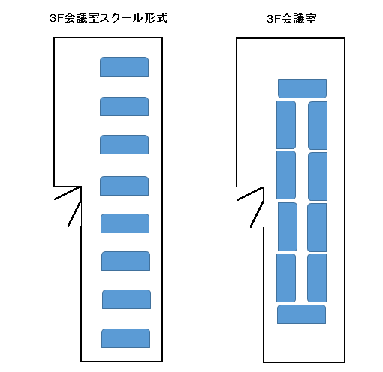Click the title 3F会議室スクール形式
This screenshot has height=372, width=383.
[x=108, y=18]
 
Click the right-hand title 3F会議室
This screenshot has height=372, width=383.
[x=291, y=19]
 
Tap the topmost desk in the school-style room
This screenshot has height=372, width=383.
[x=124, y=67]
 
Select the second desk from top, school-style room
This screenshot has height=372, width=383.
[x=124, y=106]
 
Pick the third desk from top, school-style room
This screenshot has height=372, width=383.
[x=124, y=145]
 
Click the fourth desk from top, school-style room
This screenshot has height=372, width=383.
[x=124, y=186]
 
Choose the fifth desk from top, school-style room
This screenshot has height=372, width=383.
[x=125, y=223]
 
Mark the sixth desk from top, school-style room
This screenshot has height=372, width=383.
[x=125, y=261]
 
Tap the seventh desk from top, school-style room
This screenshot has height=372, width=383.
[x=126, y=299]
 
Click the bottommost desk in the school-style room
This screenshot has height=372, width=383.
[x=125, y=338]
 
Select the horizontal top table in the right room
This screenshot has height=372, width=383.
[x=302, y=88]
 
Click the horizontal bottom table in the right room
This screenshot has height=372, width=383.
[x=301, y=314]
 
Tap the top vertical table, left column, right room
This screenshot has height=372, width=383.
[x=286, y=125]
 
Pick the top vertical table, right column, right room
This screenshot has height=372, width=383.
[x=318, y=126]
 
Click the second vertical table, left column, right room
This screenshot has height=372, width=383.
[x=286, y=175]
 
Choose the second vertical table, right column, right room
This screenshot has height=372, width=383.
[x=318, y=176]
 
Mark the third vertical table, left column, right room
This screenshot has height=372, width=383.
[x=288, y=227]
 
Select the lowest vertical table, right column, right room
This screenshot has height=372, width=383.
[x=317, y=278]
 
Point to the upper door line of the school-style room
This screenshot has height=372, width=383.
[x=68, y=193]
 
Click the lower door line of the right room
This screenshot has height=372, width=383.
[x=257, y=214]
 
